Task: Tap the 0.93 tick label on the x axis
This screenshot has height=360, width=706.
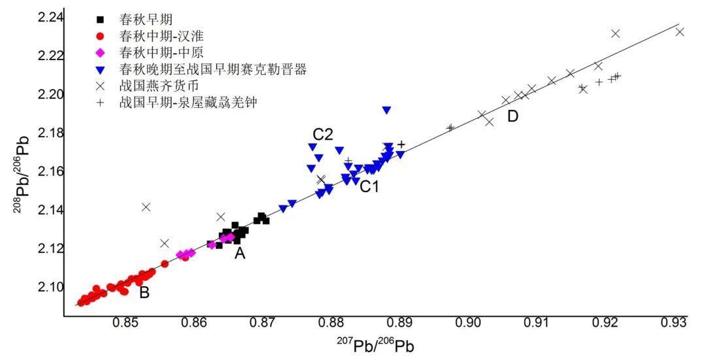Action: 673,323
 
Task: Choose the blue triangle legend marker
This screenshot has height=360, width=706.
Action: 100,69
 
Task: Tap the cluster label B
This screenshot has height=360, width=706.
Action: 144,293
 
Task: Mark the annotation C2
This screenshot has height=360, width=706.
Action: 323,135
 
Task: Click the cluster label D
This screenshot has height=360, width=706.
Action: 513,116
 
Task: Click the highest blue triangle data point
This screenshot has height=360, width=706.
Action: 387,110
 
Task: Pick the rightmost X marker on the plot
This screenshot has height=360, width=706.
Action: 680,31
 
